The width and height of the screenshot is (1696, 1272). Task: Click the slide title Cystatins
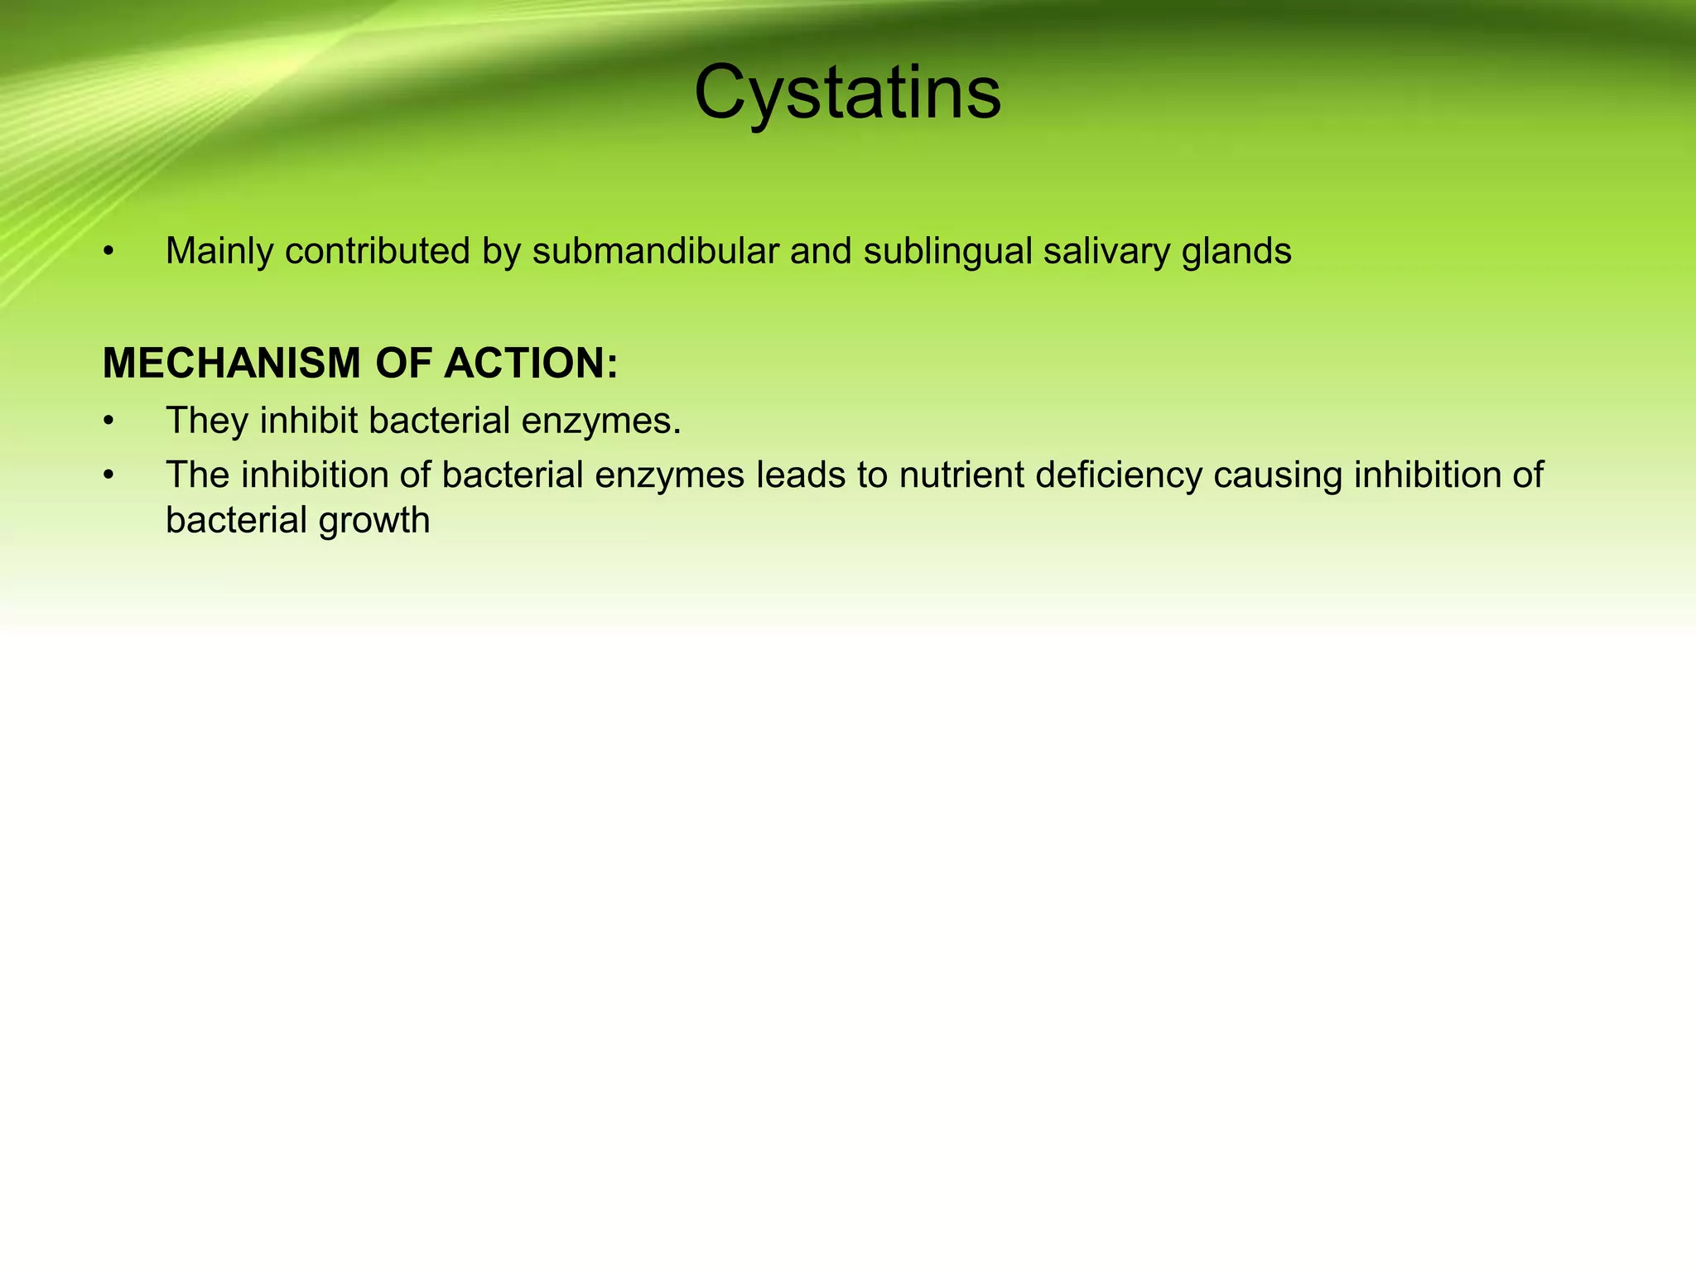[x=847, y=93]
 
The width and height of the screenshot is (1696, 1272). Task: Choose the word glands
[x=1236, y=251]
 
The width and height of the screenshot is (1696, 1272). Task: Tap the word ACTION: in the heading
[x=531, y=364]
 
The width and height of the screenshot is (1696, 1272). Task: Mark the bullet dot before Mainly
[x=108, y=252]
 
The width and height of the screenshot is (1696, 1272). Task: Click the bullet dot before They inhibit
[x=108, y=422]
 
